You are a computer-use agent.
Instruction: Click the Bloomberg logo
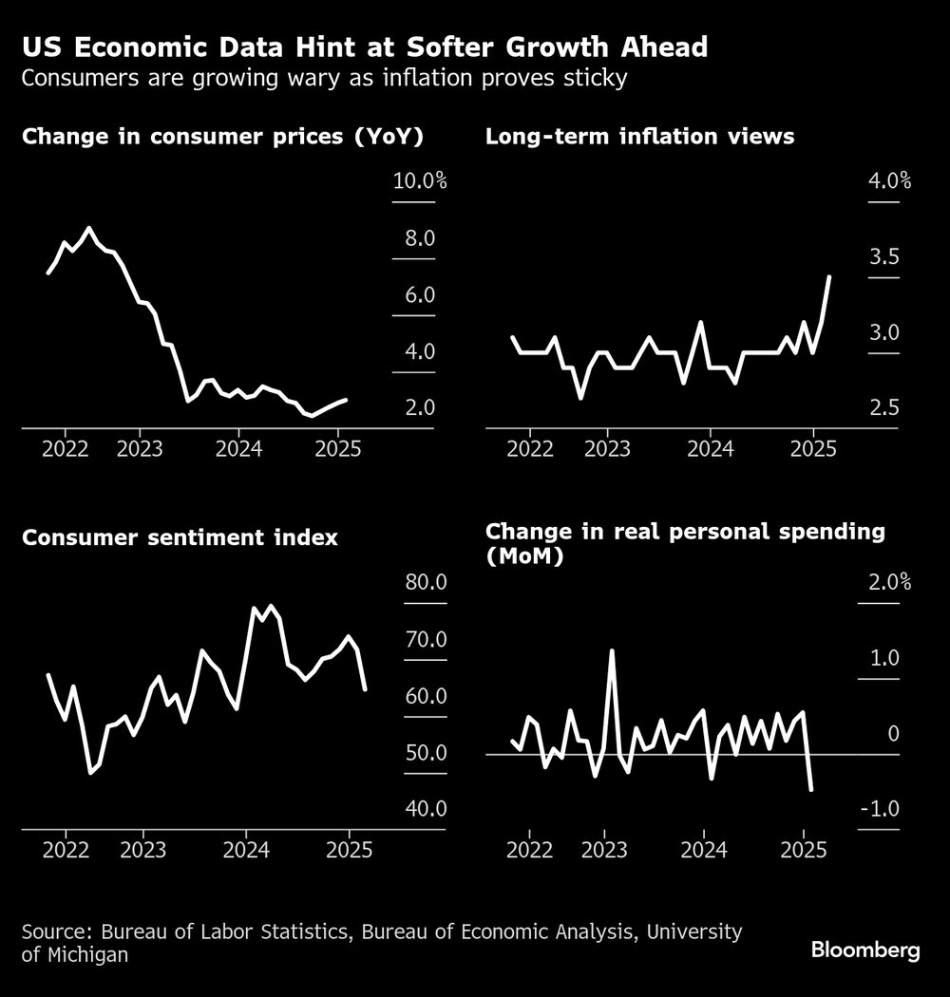(x=864, y=950)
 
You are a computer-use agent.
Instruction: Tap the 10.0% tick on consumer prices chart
(x=419, y=181)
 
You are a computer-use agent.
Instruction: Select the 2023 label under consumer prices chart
(x=140, y=448)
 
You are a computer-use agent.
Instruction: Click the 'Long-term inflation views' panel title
(x=639, y=137)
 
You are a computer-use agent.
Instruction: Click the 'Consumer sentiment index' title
(x=180, y=537)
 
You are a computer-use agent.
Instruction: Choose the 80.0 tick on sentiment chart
(x=419, y=582)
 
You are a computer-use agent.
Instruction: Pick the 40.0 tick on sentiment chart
(x=419, y=809)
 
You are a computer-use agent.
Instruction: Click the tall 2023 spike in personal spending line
(x=612, y=651)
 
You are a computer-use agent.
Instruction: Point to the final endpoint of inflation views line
(x=829, y=277)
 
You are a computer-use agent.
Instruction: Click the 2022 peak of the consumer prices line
(x=88, y=229)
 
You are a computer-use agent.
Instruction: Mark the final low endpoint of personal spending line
(x=811, y=788)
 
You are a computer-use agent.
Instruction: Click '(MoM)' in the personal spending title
(x=523, y=557)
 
